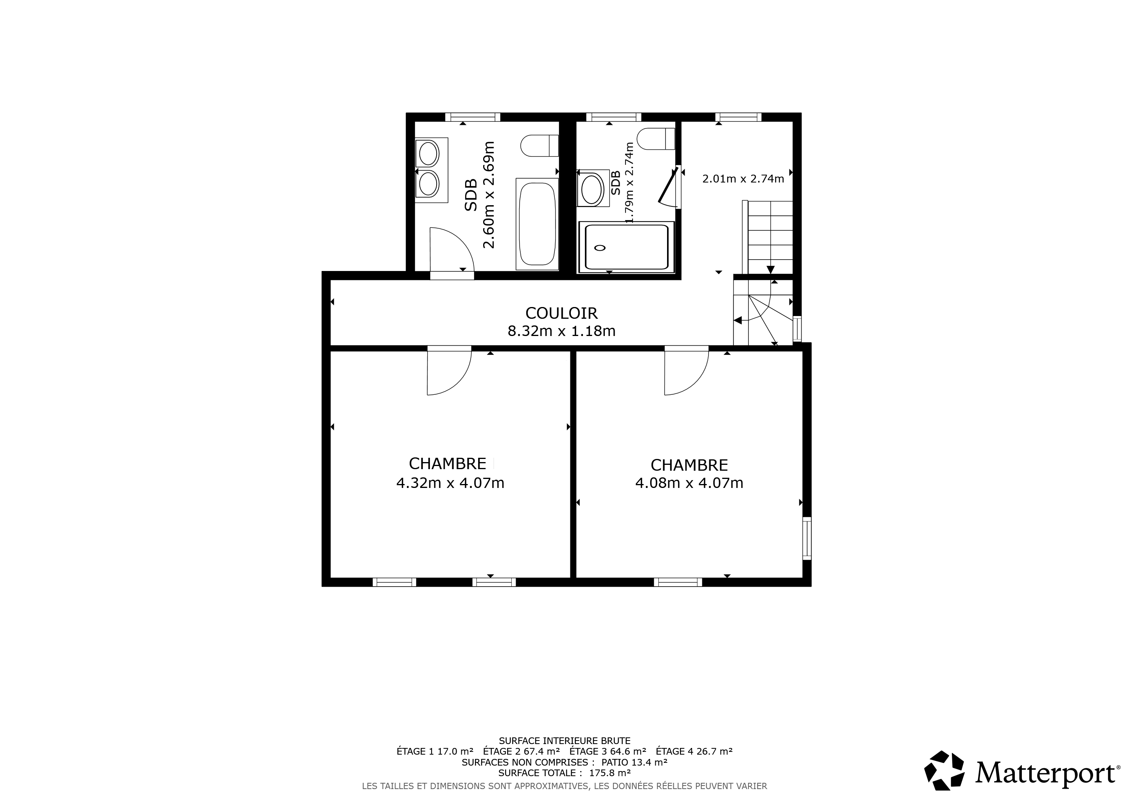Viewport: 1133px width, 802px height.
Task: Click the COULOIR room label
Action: (x=561, y=313)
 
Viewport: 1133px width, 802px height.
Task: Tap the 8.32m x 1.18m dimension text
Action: (x=561, y=331)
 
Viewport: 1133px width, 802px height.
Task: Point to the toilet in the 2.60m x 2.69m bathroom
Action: (x=540, y=145)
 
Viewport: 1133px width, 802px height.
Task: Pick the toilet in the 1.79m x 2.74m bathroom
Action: (x=656, y=139)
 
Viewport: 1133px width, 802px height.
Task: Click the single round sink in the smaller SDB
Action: (x=592, y=189)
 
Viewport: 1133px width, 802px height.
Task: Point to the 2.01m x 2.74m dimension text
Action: (x=743, y=179)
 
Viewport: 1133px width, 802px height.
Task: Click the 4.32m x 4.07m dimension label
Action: (x=450, y=483)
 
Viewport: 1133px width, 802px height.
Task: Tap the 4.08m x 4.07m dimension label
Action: (x=689, y=483)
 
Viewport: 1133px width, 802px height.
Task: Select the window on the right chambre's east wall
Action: (x=807, y=538)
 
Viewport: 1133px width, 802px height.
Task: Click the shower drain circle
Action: (x=600, y=248)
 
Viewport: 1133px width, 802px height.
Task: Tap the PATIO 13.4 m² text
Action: (x=634, y=762)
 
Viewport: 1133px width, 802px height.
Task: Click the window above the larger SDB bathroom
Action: (x=473, y=117)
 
